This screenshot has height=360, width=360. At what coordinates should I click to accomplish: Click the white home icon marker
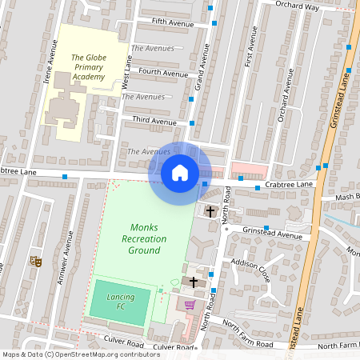click(180, 172)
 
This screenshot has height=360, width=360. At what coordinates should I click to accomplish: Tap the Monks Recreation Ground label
click(144, 239)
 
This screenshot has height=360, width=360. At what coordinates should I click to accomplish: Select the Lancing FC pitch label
click(120, 302)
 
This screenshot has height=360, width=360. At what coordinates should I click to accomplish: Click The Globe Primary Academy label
click(88, 68)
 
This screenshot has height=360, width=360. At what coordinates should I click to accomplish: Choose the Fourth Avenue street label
click(162, 72)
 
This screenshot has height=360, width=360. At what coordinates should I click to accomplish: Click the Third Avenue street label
click(154, 122)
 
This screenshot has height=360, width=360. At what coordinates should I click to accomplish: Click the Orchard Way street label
click(297, 6)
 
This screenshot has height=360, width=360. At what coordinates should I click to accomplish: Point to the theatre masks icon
click(35, 261)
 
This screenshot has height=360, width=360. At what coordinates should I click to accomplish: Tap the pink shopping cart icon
click(190, 305)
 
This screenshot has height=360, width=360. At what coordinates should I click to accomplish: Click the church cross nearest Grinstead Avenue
click(210, 212)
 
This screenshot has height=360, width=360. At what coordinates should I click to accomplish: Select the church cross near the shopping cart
click(194, 282)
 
